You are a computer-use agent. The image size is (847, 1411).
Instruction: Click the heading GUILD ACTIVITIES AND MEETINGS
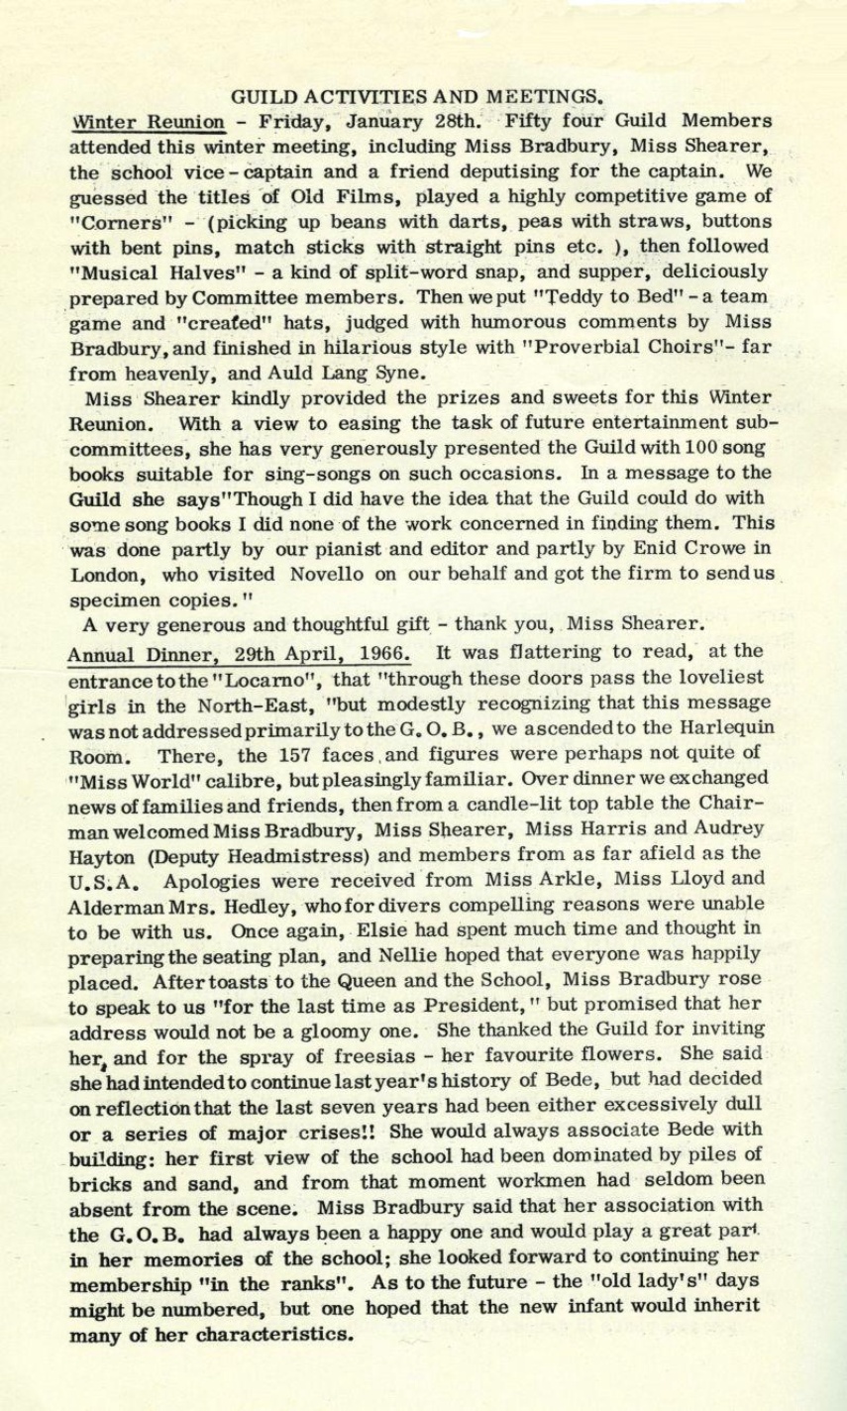[x=416, y=97]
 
